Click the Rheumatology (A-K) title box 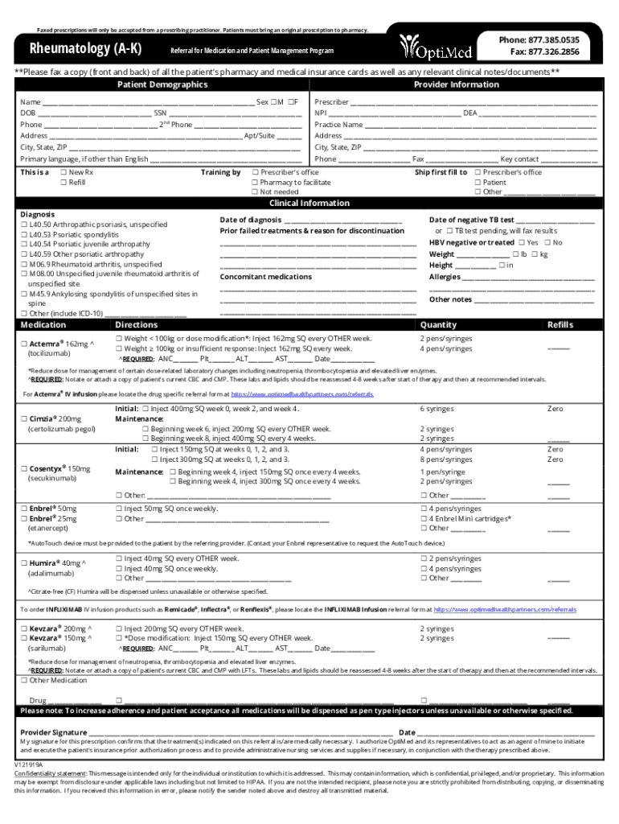86,49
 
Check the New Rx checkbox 64,173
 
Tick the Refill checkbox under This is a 64,183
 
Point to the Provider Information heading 456,84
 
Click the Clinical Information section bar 309,203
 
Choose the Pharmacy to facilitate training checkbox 255,183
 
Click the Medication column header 43,325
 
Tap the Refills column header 560,325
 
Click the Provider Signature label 54,732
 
